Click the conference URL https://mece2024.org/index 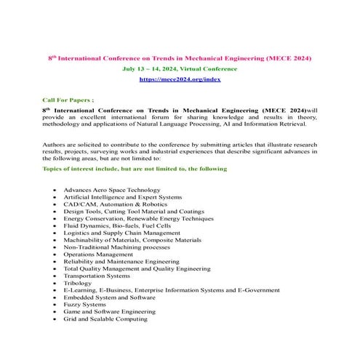coord(179,78)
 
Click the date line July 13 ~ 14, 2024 coord(179,68)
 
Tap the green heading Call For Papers coord(68,96)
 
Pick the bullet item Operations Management coord(98,254)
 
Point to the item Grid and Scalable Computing coord(105,318)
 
